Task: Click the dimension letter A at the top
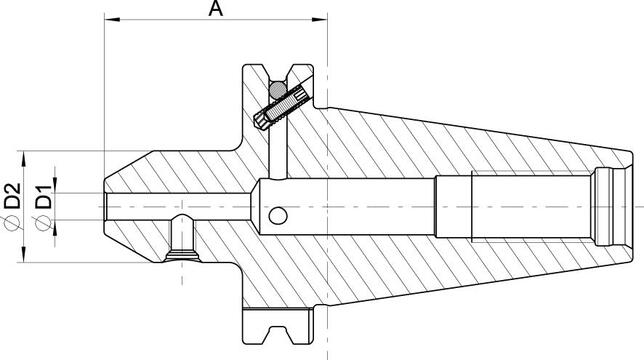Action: point(215,9)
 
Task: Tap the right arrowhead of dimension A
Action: point(321,21)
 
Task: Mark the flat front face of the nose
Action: point(106,206)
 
